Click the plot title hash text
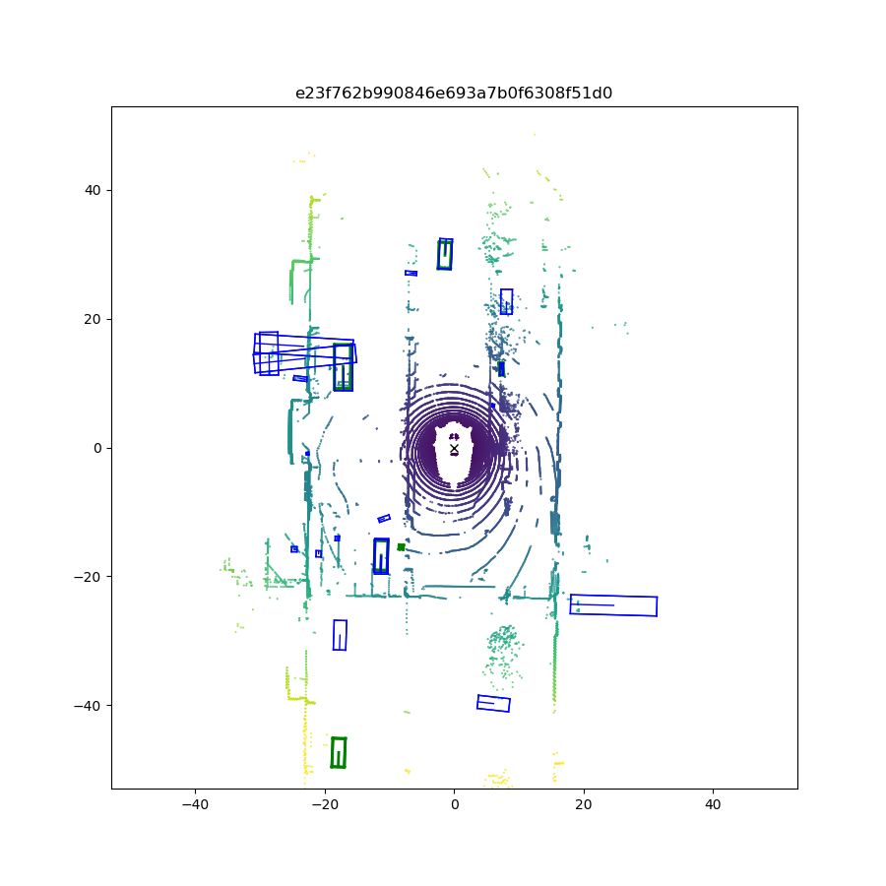(454, 93)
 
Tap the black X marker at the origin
(454, 449)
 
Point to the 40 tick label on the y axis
(93, 190)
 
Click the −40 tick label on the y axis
(88, 706)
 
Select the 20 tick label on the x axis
(584, 804)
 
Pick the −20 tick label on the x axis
(325, 804)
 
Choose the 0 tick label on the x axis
(454, 804)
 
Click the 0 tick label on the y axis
(97, 448)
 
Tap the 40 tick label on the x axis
(713, 804)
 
